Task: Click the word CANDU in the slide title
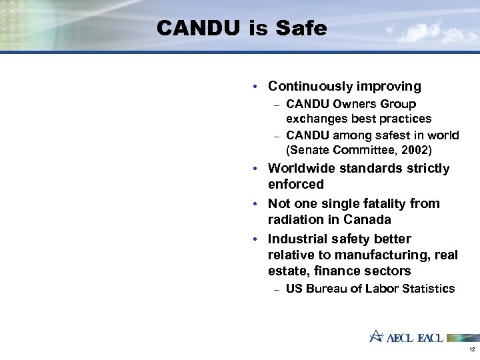click(198, 29)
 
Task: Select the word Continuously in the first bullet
click(311, 86)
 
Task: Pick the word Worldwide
click(300, 169)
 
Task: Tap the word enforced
click(296, 184)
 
